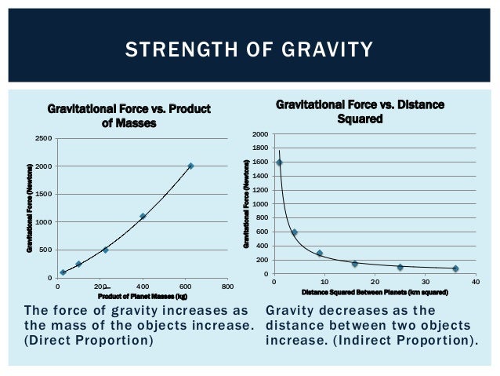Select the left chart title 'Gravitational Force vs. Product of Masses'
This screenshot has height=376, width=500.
(130, 115)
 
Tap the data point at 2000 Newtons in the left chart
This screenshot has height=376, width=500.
(190, 166)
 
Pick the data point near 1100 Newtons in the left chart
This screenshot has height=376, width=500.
(143, 216)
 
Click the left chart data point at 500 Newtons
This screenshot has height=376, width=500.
(105, 250)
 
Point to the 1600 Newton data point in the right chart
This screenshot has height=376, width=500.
(279, 162)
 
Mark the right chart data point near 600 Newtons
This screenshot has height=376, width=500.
(294, 232)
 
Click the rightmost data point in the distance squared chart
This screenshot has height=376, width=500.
(455, 268)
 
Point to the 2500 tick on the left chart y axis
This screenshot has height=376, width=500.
(44, 139)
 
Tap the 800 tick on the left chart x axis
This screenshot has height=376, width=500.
(226, 287)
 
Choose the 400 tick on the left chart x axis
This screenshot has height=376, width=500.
(143, 287)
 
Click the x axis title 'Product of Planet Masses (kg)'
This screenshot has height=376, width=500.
(142, 296)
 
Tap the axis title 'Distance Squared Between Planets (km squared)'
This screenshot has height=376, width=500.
(375, 292)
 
